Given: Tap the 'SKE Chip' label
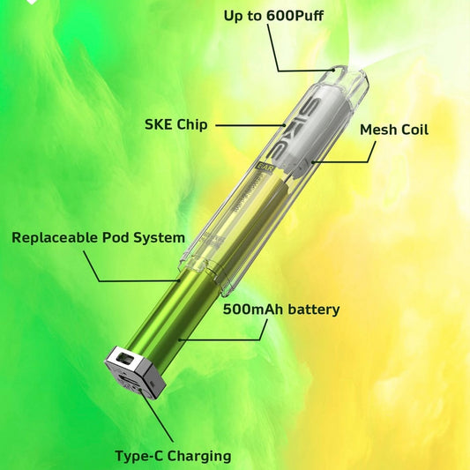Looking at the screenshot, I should point(175,124).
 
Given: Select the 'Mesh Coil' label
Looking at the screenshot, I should point(394,130).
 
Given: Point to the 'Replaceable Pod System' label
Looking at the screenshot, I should point(98,237).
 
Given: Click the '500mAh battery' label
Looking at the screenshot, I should point(281,310).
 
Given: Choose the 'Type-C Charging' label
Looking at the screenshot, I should point(173,456).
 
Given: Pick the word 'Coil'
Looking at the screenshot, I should point(414,130).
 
